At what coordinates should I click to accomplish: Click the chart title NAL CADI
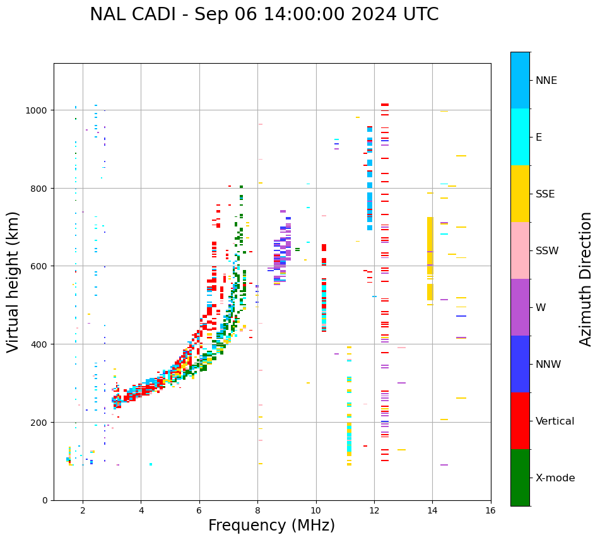click(x=264, y=15)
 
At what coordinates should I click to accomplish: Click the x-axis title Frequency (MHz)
click(x=271, y=525)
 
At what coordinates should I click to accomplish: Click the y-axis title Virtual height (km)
click(x=13, y=281)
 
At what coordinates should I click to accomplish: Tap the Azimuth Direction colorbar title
click(x=586, y=279)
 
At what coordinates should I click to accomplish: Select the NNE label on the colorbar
click(x=546, y=80)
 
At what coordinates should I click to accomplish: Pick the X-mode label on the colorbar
click(x=555, y=478)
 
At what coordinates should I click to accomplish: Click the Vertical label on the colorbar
click(x=555, y=421)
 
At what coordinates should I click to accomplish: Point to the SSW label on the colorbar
click(x=547, y=250)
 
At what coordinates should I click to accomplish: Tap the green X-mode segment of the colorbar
click(x=520, y=478)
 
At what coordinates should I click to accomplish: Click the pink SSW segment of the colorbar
click(x=520, y=250)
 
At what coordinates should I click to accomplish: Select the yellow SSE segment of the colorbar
click(x=520, y=194)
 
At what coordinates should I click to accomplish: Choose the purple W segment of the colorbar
click(x=520, y=307)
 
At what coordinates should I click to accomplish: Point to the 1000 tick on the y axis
click(x=37, y=110)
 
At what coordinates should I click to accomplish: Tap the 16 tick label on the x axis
click(x=491, y=512)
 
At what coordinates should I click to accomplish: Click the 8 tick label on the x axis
click(x=257, y=512)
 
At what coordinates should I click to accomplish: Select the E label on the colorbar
click(x=539, y=137)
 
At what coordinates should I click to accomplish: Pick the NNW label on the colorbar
click(x=548, y=365)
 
